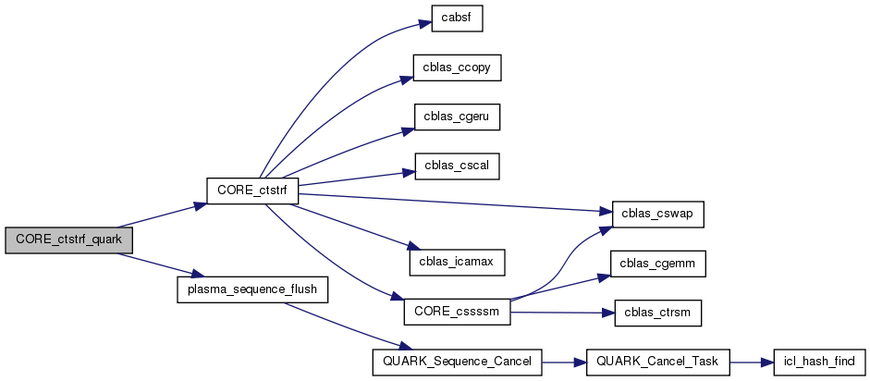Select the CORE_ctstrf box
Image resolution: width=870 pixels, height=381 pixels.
click(251, 190)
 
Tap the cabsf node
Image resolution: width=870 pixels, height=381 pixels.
click(458, 18)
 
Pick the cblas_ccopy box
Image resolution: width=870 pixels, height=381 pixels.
click(458, 68)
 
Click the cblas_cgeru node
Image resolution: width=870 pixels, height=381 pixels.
click(458, 117)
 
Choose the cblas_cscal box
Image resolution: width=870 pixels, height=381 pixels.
click(458, 166)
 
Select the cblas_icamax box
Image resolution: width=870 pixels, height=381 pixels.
click(458, 263)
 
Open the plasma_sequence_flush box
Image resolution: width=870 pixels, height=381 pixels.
click(251, 289)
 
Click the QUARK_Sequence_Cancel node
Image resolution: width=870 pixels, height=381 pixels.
click(456, 362)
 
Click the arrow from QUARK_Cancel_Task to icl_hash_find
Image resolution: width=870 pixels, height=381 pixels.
click(750, 362)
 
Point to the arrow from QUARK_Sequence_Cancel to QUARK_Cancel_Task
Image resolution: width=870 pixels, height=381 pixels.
click(564, 362)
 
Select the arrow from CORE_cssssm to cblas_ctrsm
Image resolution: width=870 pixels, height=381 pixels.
click(562, 313)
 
